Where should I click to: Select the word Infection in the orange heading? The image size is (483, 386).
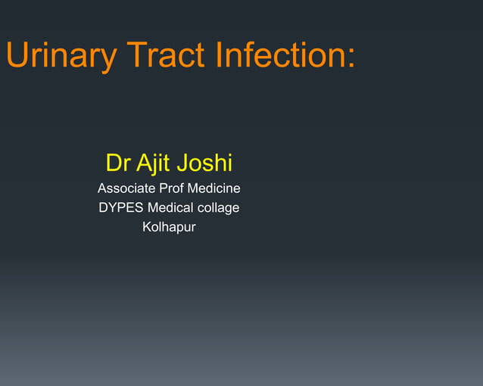coord(280,55)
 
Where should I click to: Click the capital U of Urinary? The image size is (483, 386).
coord(16,55)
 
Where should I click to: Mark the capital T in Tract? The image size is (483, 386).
coord(136,55)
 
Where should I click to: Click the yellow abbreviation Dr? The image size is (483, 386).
coord(117,163)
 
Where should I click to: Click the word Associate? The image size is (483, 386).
coord(125,188)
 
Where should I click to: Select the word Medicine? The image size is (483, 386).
coord(214,188)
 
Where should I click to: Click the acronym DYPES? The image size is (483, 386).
coord(121,207)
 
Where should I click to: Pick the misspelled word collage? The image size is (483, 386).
coord(220,207)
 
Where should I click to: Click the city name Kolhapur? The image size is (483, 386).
coord(169,227)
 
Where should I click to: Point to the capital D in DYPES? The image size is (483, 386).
coord(103,207)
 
